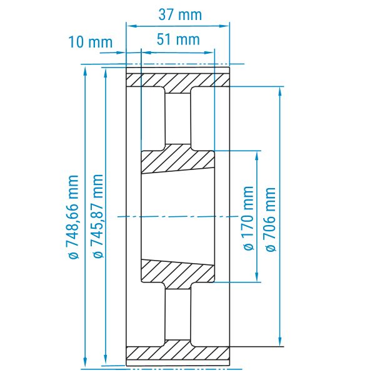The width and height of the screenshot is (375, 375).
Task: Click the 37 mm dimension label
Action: click(181, 14)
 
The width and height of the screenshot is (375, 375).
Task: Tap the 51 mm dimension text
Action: click(178, 39)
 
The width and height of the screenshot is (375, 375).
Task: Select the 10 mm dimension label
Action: click(91, 42)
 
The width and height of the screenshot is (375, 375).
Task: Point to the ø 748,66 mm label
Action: click(73, 217)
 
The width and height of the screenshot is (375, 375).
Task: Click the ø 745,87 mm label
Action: click(98, 216)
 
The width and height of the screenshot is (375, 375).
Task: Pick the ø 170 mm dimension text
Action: click(248, 218)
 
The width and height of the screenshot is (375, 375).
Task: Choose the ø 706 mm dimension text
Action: click(271, 219)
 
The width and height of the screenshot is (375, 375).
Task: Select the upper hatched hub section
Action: click(177, 159)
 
